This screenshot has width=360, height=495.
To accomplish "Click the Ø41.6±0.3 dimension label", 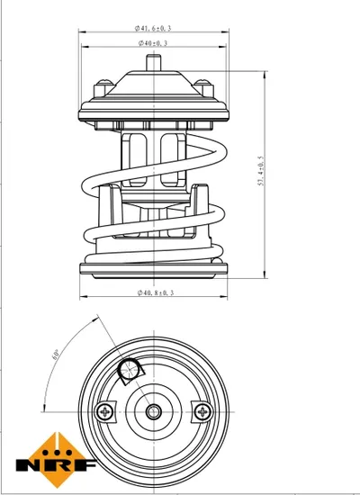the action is point(153,28).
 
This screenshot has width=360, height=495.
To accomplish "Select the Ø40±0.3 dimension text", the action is point(153,43).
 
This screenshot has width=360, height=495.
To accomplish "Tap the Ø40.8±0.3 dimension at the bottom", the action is point(156,292).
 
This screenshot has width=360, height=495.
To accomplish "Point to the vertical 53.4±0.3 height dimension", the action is point(262,170).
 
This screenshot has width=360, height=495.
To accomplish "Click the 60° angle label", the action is point(56,355).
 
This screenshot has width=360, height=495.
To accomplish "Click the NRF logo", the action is point(56,460).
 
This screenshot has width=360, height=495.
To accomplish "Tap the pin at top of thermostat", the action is point(154,62).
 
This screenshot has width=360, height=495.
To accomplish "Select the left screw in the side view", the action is point(103,88).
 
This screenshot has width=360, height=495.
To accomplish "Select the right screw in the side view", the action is point(203,88).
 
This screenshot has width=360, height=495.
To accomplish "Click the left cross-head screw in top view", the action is point(104,411).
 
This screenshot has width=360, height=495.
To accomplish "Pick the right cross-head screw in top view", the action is point(203,411).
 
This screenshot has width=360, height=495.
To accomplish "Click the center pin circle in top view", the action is point(154,411).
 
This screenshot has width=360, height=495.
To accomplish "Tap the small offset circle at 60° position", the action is point(128,369).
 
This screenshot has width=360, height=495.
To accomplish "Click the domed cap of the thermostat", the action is point(154,83).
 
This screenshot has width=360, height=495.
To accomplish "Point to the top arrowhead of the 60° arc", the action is point(94,319).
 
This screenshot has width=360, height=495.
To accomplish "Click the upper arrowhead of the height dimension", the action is point(265,75).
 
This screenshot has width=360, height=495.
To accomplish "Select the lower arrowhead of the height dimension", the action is point(265,274).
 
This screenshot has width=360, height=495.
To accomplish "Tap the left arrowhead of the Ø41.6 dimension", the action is point(83,31).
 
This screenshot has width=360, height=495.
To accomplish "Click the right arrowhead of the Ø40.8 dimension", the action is point(223,296).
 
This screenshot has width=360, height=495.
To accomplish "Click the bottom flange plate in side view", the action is point(154,269).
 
